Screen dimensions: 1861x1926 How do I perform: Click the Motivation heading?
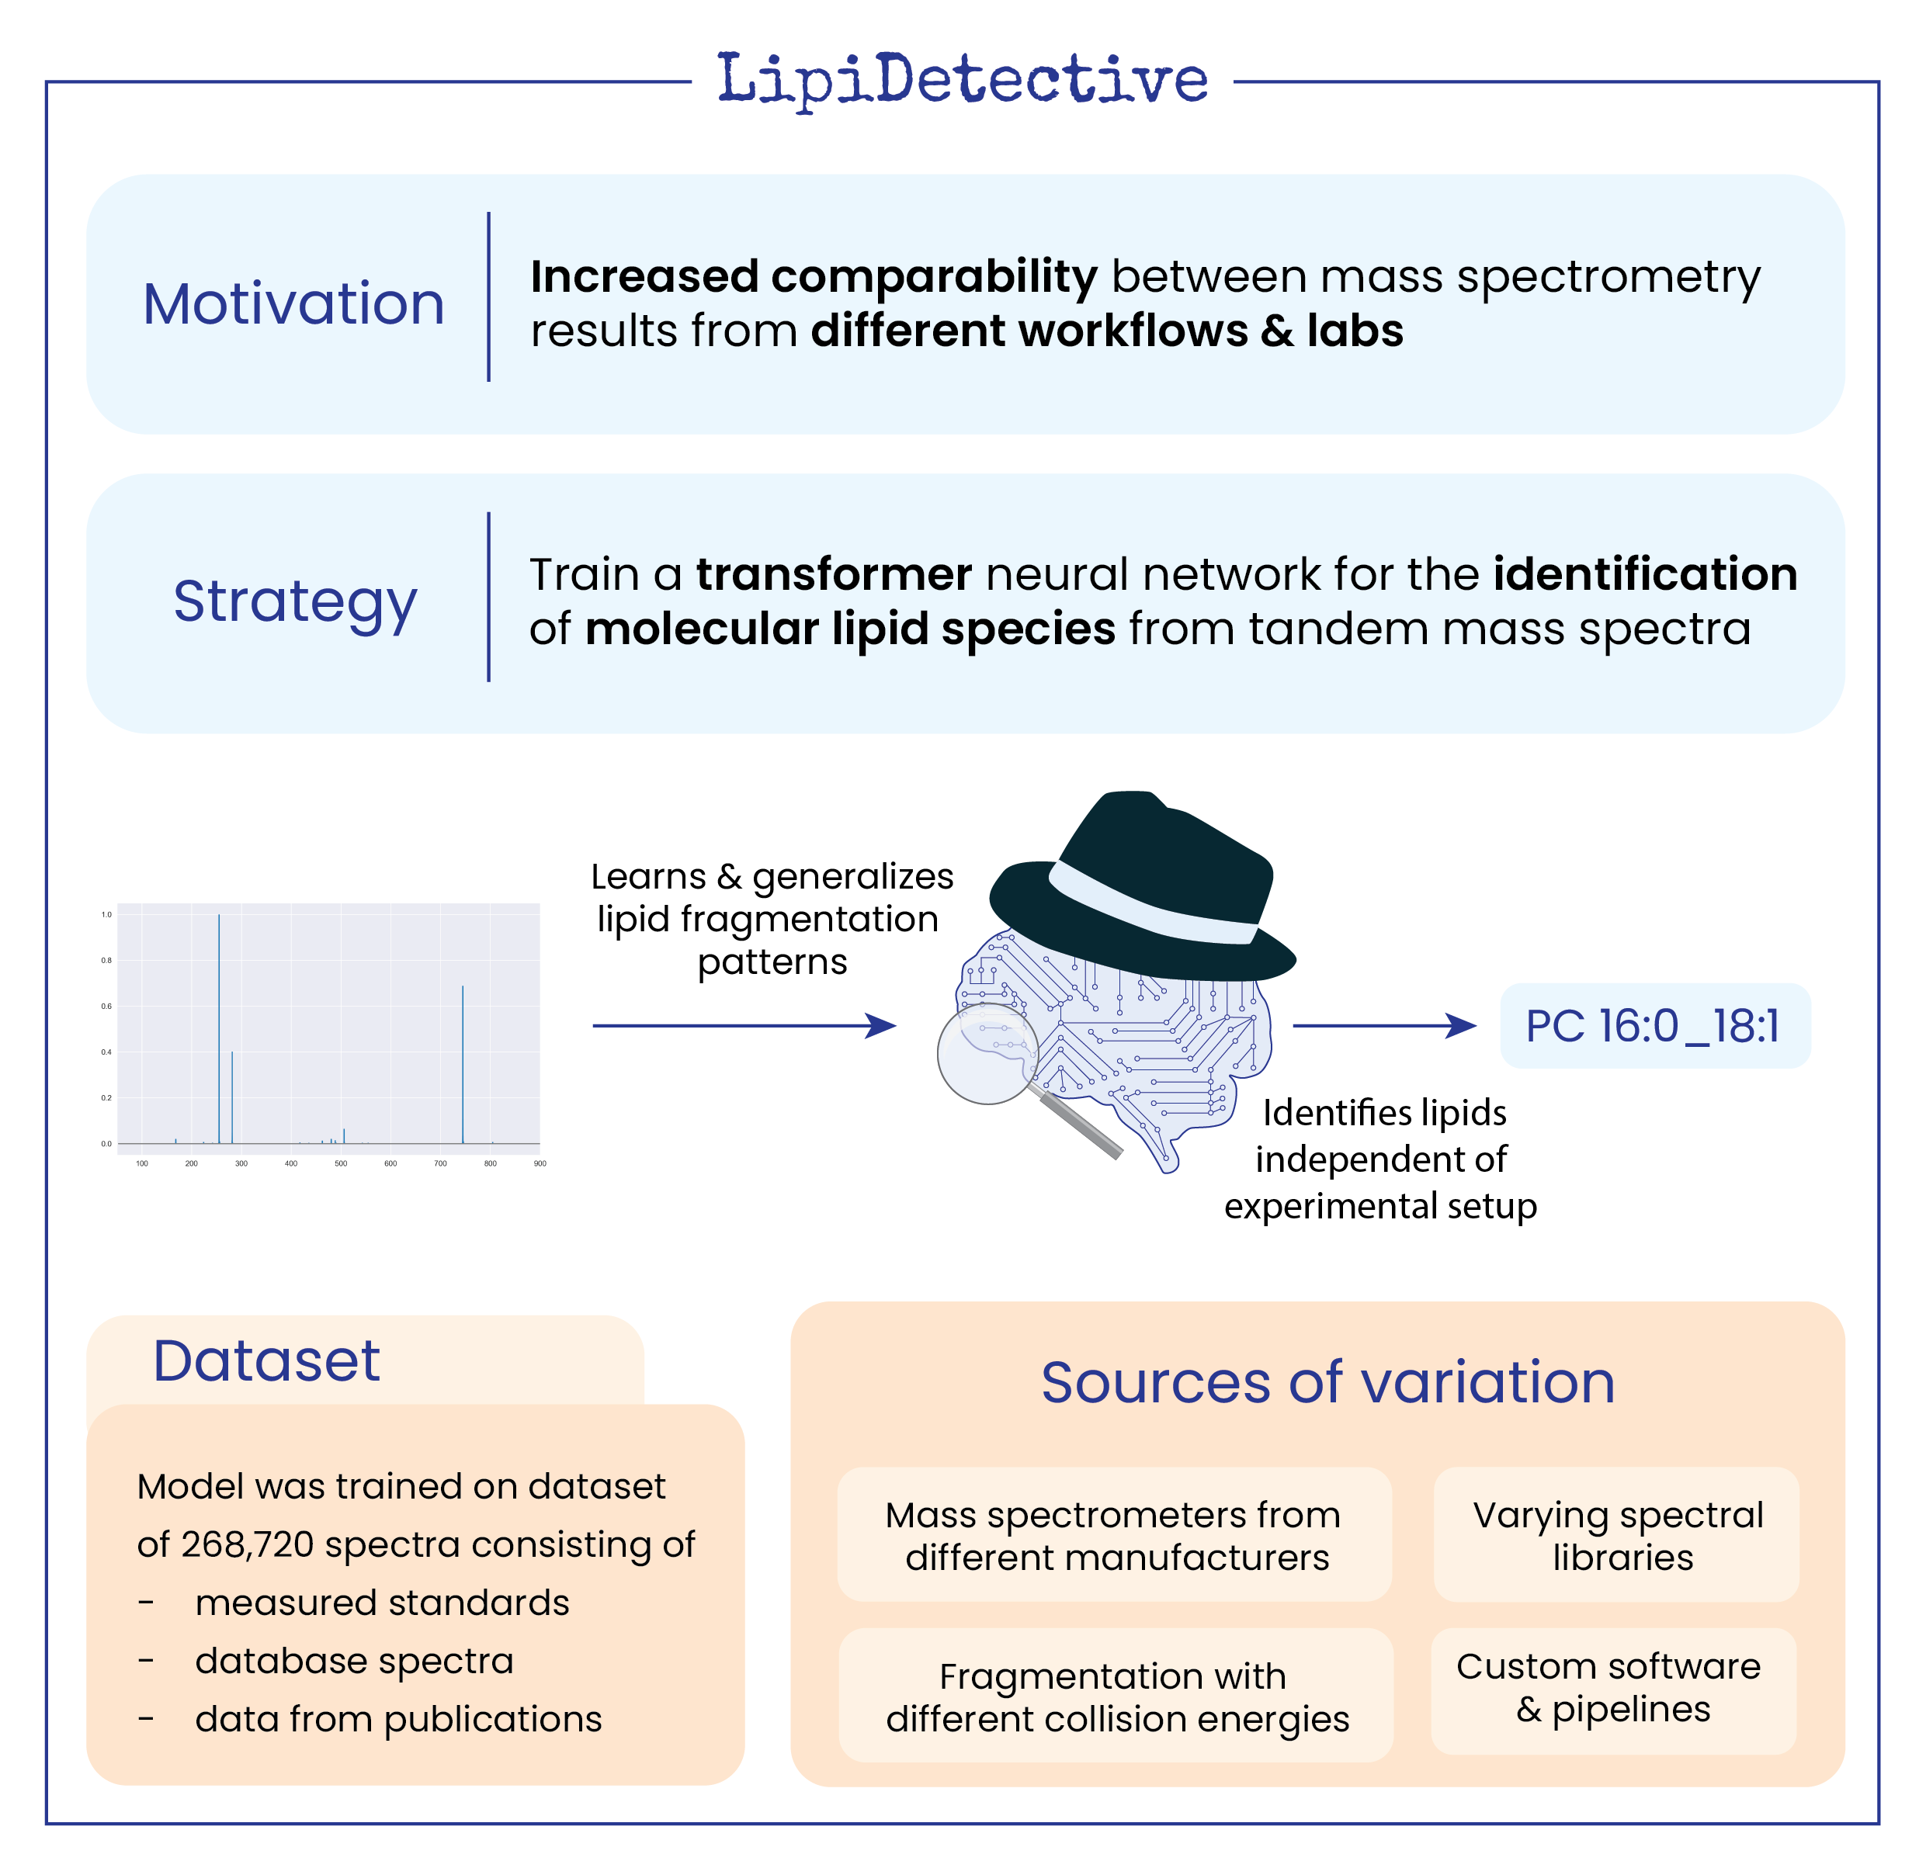(x=293, y=303)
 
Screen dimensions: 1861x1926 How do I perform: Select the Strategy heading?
(x=295, y=601)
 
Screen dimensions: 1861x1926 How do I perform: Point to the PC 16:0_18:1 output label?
(x=1654, y=1026)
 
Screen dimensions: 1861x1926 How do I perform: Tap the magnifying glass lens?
(x=987, y=1053)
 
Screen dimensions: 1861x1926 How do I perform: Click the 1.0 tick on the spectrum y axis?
(x=106, y=915)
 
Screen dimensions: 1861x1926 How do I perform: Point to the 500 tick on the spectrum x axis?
(x=341, y=1163)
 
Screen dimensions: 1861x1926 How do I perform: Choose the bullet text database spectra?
(x=354, y=1661)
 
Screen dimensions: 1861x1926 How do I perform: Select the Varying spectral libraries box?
(x=1616, y=1535)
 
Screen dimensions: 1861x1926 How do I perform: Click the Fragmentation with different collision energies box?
(x=1116, y=1697)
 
